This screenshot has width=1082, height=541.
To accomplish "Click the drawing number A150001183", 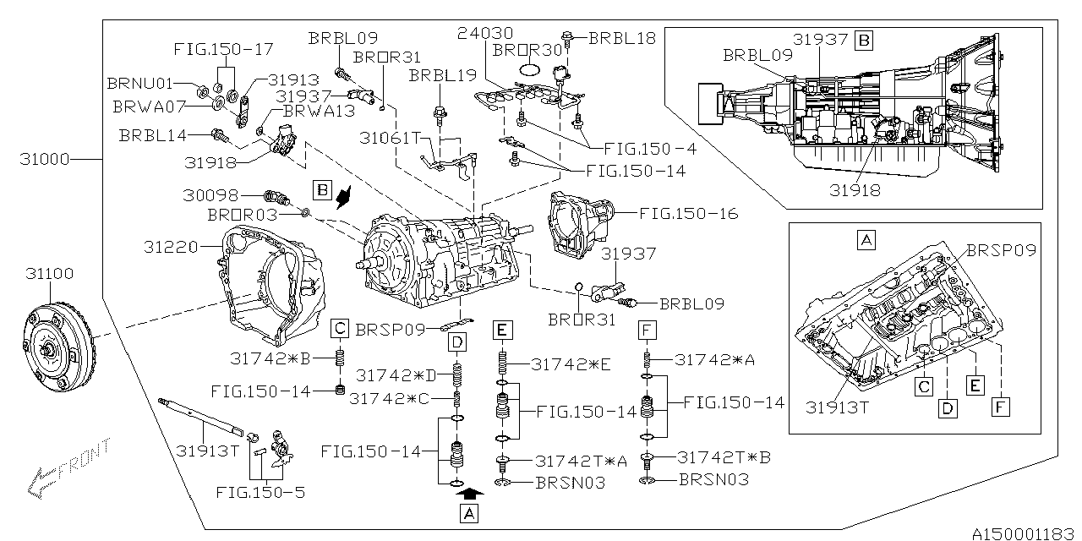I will [x=1024, y=533].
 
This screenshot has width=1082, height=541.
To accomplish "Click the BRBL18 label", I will [x=621, y=38].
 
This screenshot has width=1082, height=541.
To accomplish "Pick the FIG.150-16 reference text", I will [x=688, y=214].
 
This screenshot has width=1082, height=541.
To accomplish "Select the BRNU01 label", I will [x=139, y=85].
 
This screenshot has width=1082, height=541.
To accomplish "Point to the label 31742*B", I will [x=270, y=358].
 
